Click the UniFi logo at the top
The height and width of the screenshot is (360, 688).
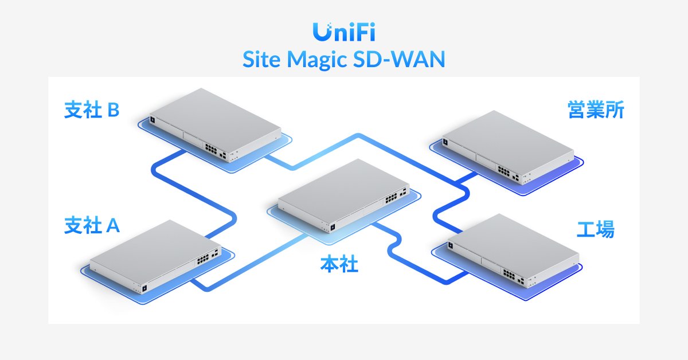344,32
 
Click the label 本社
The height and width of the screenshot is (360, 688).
339,265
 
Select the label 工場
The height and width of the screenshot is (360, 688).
595,229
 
